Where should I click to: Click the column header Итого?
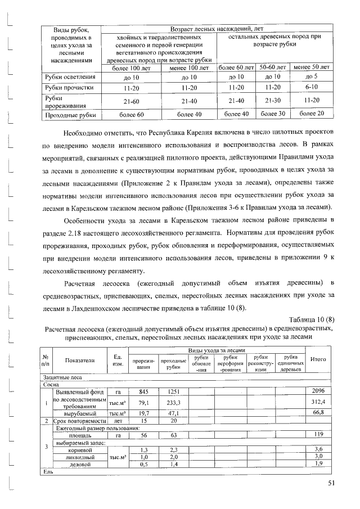(319, 361)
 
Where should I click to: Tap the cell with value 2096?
(319, 391)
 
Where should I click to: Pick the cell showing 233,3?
(169, 402)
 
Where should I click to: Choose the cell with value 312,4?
(319, 402)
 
